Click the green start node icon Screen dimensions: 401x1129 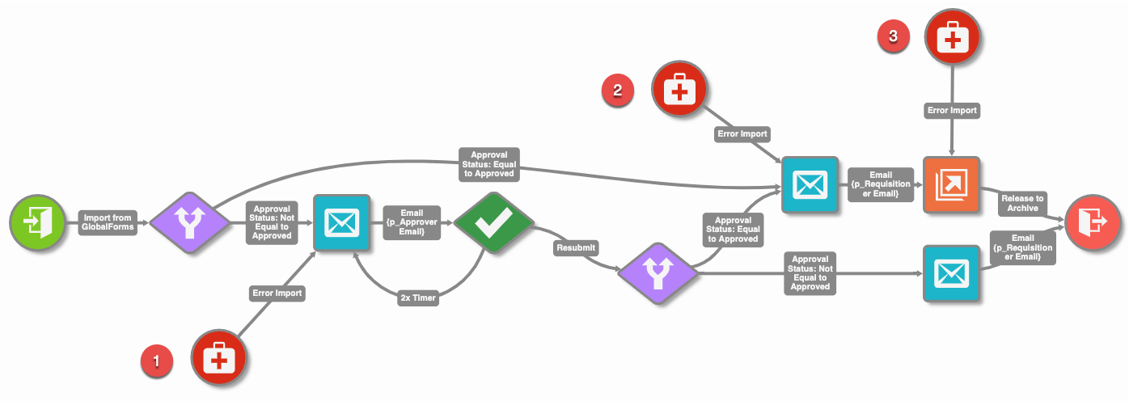pos(36,221)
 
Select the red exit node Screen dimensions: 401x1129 pos(1091,221)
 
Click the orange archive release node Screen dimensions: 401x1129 pos(951,185)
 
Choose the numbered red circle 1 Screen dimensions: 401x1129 pos(157,361)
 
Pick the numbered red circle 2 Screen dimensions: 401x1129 pos(617,91)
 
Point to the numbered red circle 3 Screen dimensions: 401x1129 pos(893,36)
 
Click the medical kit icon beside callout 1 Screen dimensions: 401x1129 pos(218,357)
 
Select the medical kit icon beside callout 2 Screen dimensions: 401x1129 pos(680,91)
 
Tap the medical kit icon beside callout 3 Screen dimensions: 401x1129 pos(953,36)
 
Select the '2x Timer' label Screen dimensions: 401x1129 pos(417,298)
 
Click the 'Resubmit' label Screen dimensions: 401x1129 pos(577,248)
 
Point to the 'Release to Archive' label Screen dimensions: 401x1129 pos(1022,203)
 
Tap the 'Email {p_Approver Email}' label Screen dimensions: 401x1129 pos(412,223)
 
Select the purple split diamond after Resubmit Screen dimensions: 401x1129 pos(658,272)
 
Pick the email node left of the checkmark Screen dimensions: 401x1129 pos(340,222)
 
